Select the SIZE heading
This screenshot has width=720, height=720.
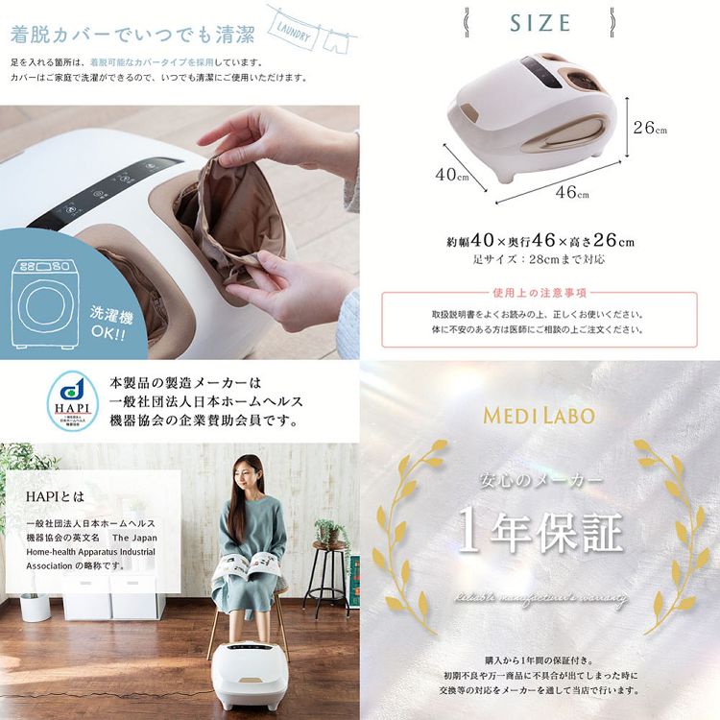[x=540, y=23]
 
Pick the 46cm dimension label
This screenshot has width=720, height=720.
[x=572, y=191]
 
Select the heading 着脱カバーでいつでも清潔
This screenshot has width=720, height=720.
[x=132, y=37]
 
